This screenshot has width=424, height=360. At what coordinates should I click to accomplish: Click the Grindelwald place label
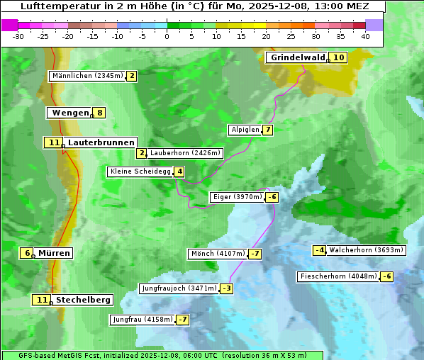click(x=297, y=57)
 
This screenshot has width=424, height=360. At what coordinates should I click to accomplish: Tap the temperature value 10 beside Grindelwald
click(x=339, y=57)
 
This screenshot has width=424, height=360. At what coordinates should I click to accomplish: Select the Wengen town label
click(x=70, y=112)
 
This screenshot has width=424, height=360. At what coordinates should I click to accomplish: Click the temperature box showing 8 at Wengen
click(x=100, y=112)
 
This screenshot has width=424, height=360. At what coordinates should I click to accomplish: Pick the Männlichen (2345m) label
click(x=87, y=76)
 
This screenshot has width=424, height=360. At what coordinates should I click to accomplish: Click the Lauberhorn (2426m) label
click(x=186, y=152)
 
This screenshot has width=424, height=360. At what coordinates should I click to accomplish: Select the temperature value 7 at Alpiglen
click(x=267, y=130)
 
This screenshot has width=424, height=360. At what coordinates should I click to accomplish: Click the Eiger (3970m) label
click(x=237, y=197)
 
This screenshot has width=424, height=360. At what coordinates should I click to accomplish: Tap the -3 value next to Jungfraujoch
click(x=226, y=288)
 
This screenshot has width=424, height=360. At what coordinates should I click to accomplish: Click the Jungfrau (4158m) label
click(x=143, y=320)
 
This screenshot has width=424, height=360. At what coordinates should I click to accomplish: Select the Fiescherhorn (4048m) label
click(x=338, y=276)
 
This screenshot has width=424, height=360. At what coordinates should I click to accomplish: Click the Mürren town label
click(x=54, y=253)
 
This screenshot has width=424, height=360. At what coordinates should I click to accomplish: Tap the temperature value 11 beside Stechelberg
click(x=42, y=300)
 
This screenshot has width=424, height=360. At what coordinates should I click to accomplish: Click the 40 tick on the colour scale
click(x=365, y=36)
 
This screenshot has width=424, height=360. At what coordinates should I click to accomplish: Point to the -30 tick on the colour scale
click(x=18, y=36)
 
